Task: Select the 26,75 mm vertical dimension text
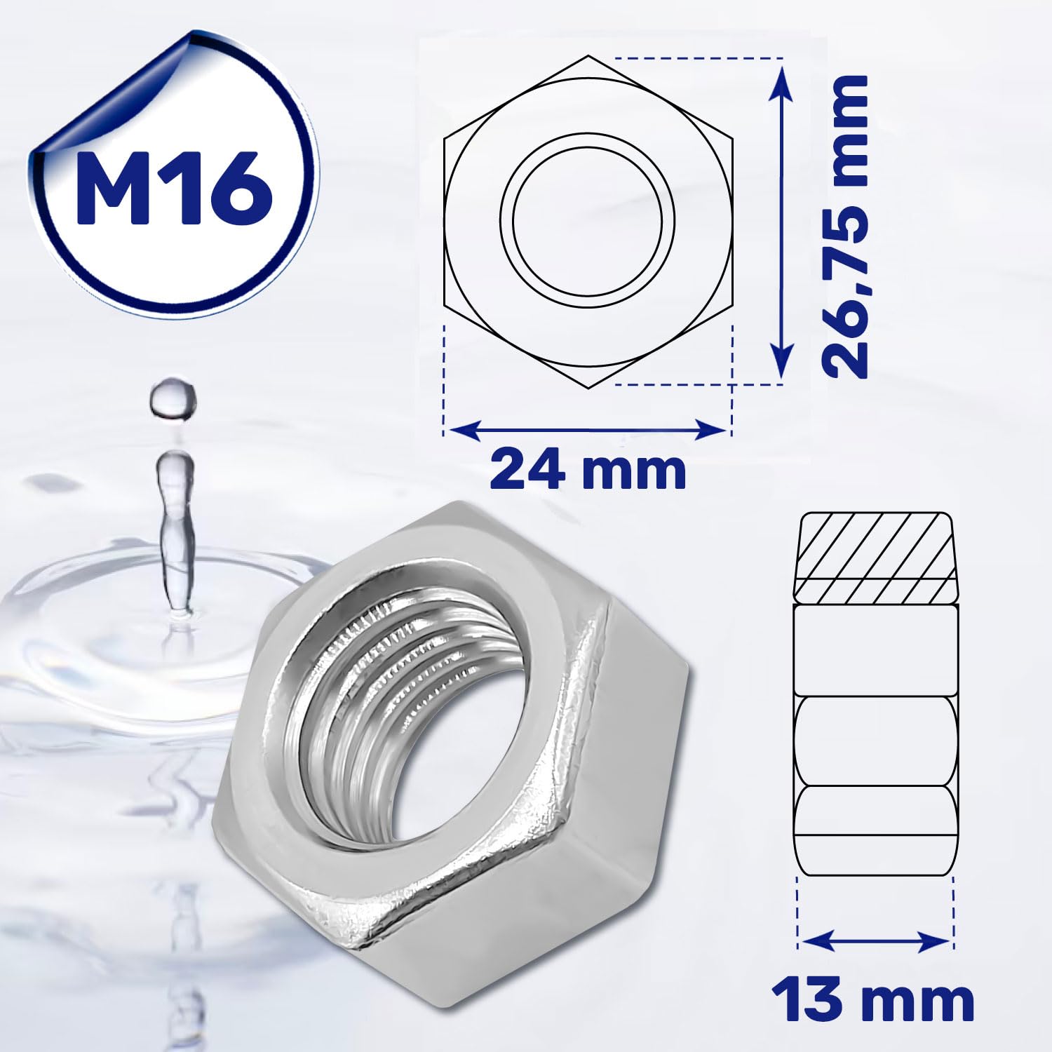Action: (x=844, y=227)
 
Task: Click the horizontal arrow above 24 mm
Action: (x=588, y=430)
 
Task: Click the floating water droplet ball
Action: (x=173, y=399)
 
